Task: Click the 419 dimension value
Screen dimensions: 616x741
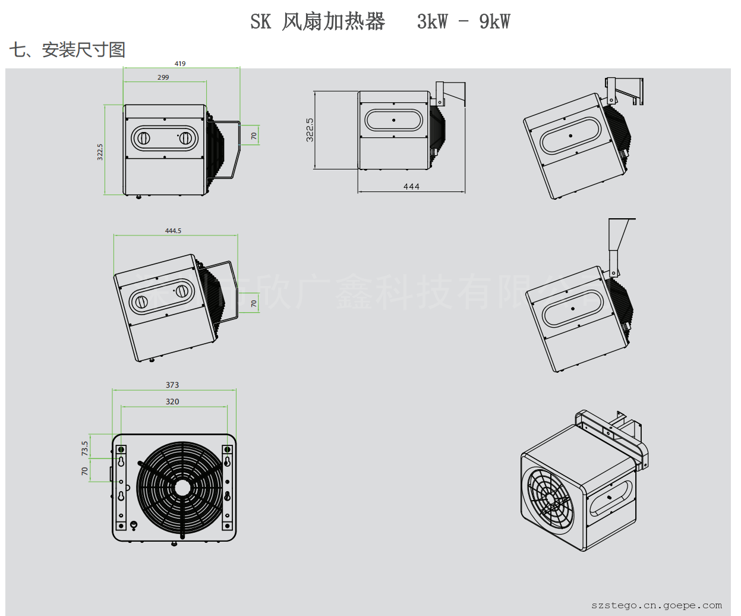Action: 180,64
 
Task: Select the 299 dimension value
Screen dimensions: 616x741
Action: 163,77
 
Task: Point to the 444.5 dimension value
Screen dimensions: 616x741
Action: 173,231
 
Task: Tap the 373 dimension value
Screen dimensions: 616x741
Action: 172,385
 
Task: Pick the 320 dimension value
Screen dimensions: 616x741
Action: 172,402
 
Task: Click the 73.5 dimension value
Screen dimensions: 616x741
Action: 85,448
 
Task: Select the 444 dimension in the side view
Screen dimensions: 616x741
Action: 411,187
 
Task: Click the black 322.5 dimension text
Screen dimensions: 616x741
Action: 310,130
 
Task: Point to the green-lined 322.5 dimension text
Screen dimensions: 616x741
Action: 100,152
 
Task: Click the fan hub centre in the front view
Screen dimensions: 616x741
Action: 182,488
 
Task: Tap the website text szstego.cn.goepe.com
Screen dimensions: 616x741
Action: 657,605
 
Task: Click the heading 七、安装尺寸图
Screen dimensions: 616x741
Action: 67,50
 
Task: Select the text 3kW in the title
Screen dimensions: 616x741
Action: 433,22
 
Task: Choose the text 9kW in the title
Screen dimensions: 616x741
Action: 494,22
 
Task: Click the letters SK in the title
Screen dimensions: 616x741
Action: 260,22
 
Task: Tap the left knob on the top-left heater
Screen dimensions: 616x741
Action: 143,139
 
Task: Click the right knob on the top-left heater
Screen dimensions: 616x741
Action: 185,139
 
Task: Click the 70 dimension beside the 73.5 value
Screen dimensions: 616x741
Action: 85,471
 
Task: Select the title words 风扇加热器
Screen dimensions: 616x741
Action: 333,22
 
